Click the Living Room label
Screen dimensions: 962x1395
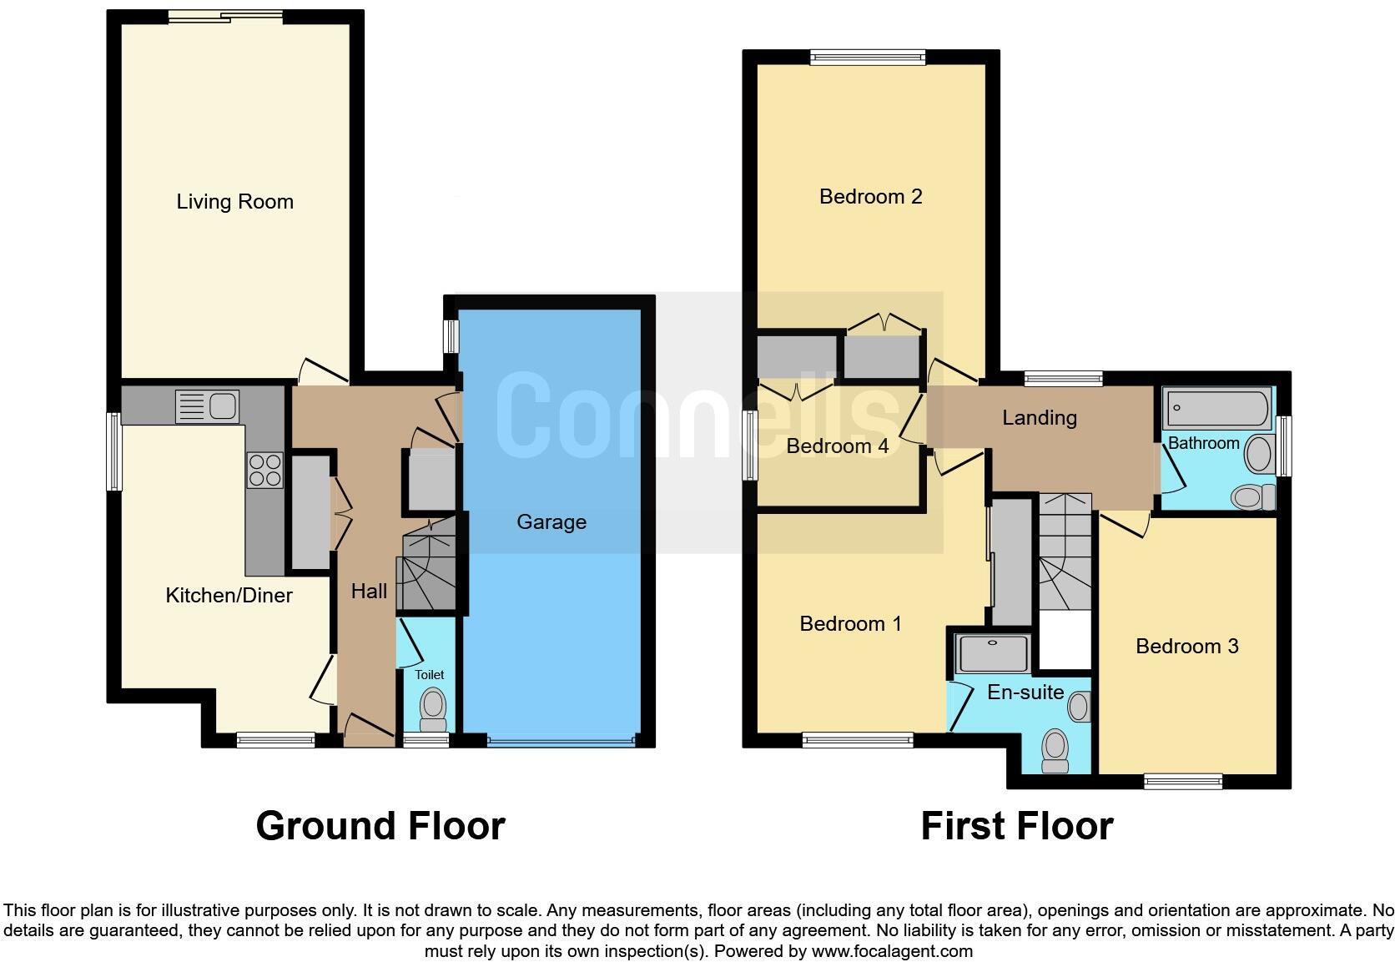(234, 201)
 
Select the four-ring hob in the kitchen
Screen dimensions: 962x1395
(264, 469)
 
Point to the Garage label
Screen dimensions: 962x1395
(551, 522)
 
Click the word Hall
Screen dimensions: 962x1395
(368, 591)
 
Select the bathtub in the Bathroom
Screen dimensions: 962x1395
(1217, 408)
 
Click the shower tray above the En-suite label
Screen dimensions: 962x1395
(994, 653)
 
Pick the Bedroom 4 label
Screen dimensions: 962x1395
(837, 446)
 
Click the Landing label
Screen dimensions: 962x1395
(1039, 417)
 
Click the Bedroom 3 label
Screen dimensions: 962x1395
(1186, 646)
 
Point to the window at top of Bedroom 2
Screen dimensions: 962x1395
(868, 57)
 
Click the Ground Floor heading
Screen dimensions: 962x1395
(380, 825)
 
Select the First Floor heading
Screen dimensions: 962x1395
(1016, 826)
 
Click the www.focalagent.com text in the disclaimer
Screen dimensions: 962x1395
(891, 950)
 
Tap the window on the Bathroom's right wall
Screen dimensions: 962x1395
(1285, 446)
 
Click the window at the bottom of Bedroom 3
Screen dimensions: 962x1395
(1182, 782)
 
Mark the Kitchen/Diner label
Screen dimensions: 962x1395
(229, 595)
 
